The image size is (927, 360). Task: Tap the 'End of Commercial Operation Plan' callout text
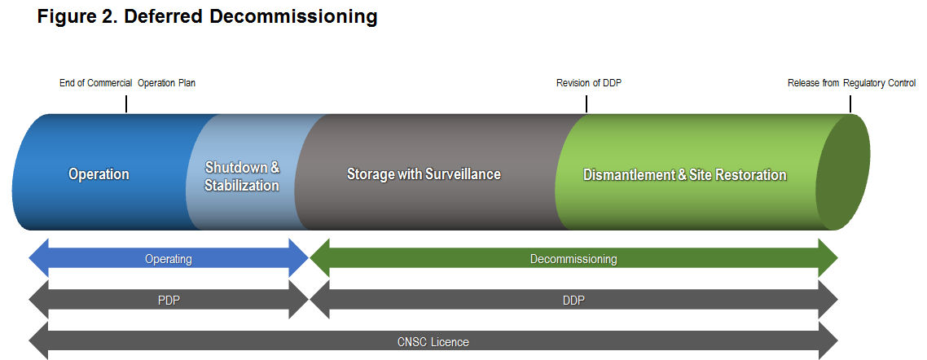point(127,83)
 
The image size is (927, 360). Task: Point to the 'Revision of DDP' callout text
point(589,83)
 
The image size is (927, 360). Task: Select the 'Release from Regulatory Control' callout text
point(851,83)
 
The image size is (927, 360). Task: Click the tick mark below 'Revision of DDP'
point(587,104)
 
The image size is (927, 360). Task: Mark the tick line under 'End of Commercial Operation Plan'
point(126,104)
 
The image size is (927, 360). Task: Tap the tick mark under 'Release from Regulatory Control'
point(850,104)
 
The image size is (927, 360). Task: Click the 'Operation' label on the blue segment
point(99,174)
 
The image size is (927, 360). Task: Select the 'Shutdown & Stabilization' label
point(242,176)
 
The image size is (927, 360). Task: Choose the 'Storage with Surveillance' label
point(424,174)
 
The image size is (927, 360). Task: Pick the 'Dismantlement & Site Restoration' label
point(684,175)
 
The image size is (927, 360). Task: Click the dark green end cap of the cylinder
point(844,172)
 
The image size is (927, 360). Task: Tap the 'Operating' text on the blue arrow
point(169,259)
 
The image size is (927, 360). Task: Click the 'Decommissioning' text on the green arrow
point(573,259)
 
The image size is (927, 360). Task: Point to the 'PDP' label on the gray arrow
point(169,301)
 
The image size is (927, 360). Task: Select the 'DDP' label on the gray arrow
point(573,301)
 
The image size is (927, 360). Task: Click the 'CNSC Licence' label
point(433,342)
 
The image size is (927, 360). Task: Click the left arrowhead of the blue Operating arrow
point(39,258)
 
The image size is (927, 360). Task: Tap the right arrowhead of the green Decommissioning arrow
point(828,258)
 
